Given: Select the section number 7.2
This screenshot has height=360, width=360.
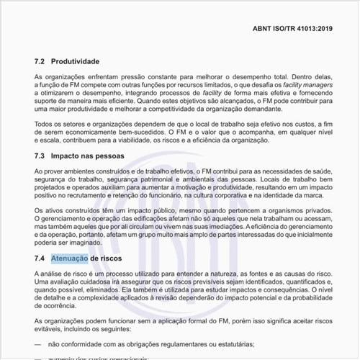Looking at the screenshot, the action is click(x=40, y=62).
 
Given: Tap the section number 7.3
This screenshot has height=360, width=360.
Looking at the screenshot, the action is click(x=40, y=156).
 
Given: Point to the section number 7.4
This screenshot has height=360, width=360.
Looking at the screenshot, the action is click(x=40, y=257).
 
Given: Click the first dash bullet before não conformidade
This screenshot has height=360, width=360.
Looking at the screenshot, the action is click(x=38, y=345).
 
